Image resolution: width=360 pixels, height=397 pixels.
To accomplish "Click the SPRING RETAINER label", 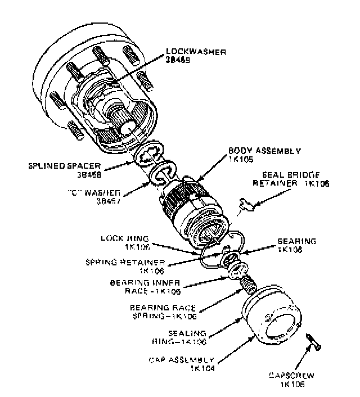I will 133,262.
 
